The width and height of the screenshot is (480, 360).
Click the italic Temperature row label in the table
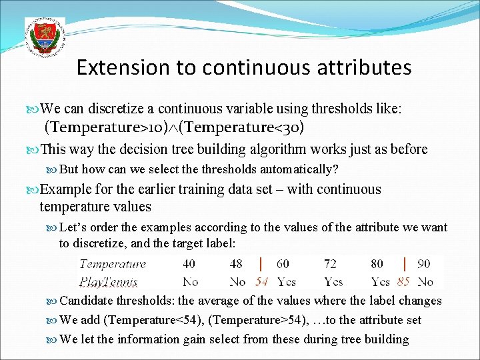pos(112,264)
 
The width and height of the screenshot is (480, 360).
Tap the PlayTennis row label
pos(109,281)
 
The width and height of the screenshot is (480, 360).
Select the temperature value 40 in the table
pos(190,264)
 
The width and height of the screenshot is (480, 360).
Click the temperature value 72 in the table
pos(331,264)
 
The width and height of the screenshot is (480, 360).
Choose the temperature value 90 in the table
pos(424,264)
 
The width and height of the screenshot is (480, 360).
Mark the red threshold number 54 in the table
pos(261,282)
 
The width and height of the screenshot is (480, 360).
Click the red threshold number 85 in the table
pos(403,282)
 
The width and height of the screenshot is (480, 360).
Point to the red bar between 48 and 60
pos(259,264)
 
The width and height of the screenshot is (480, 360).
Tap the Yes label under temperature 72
pos(333,281)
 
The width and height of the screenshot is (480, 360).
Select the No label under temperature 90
pos(425,281)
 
